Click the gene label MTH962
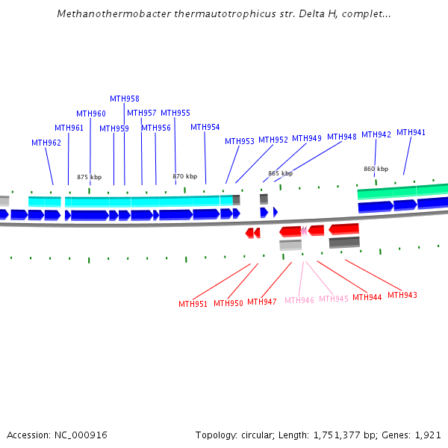coord(46,143)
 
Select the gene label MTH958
coord(125,99)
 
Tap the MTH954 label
coord(205,127)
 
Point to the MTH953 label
coord(240,141)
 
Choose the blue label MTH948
coord(342,137)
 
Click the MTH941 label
coord(411,132)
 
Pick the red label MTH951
coord(193,304)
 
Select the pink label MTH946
coord(299,300)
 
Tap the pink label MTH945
coord(334,299)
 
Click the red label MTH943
coord(402,295)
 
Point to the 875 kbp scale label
coord(89,177)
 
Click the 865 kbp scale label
coord(280,173)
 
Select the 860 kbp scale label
coord(376,169)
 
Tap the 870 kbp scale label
coord(185,177)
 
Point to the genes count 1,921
coord(429,435)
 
